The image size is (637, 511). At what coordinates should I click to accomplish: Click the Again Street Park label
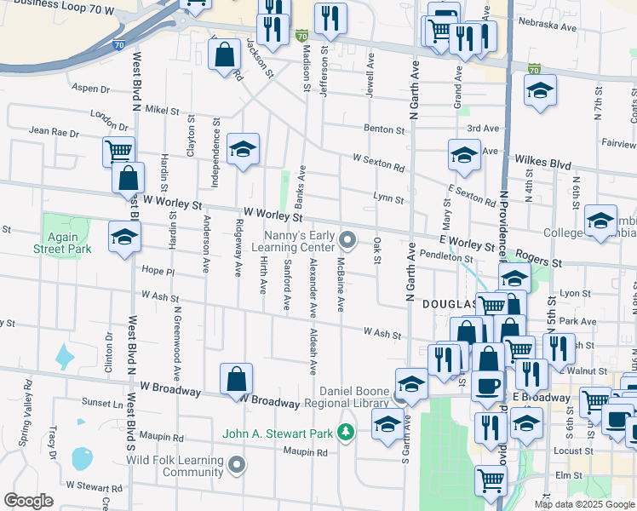[62, 243]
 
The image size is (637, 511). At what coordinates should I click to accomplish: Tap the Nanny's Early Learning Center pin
[347, 238]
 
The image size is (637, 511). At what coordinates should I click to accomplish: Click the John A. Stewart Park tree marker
[346, 433]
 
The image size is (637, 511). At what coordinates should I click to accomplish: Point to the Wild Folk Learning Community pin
[237, 464]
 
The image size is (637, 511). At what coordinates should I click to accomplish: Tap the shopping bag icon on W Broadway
[237, 378]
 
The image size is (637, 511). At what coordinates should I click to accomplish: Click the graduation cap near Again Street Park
[125, 236]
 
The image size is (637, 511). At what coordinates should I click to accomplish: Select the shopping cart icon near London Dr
[118, 152]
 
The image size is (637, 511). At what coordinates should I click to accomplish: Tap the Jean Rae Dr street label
[54, 132]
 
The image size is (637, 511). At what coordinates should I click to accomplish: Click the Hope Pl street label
[158, 271]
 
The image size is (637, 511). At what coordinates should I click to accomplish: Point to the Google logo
[28, 501]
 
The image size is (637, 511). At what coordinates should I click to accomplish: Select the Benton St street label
[384, 129]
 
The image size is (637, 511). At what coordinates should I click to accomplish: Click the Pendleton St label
[445, 256]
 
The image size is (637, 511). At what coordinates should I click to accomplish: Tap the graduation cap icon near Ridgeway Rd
[243, 150]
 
